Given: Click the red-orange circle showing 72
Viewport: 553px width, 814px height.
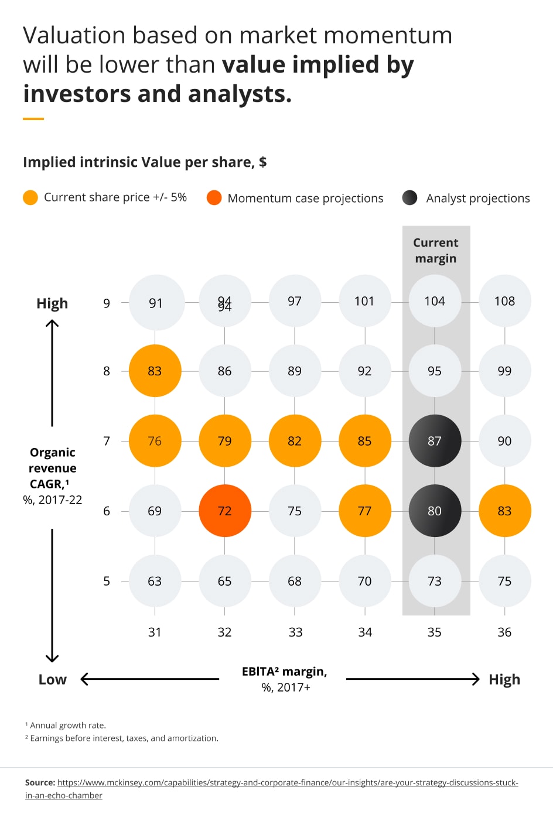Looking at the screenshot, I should click(225, 511).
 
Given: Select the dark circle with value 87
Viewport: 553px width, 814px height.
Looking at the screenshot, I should click(435, 441).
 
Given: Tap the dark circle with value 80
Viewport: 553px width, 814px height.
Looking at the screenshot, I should click(435, 511).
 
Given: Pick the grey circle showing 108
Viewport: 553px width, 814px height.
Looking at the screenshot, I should click(504, 301).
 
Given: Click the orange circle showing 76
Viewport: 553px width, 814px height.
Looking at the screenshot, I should click(155, 441).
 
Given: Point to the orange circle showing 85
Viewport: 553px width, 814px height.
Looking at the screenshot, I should click(364, 441).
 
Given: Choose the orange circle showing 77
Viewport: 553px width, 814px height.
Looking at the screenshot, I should click(364, 511).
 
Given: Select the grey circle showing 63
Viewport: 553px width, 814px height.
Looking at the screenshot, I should click(155, 581).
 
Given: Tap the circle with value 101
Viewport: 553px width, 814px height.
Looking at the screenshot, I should click(364, 301).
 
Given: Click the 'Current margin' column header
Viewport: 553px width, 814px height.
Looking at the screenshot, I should click(436, 251).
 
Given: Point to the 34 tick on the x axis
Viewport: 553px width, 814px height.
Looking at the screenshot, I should click(365, 632).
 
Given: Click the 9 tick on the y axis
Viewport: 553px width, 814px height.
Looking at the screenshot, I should click(107, 303).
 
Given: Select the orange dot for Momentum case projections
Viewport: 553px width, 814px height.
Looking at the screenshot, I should click(214, 198).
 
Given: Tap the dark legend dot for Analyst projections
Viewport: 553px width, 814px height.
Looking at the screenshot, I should click(410, 198).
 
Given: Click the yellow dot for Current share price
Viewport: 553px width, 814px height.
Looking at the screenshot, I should click(30, 198).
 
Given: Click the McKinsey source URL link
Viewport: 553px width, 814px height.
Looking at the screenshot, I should click(287, 783).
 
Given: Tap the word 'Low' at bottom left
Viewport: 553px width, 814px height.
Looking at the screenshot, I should click(53, 679).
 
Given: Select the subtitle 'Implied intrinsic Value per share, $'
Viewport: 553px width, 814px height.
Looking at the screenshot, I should click(145, 162).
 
